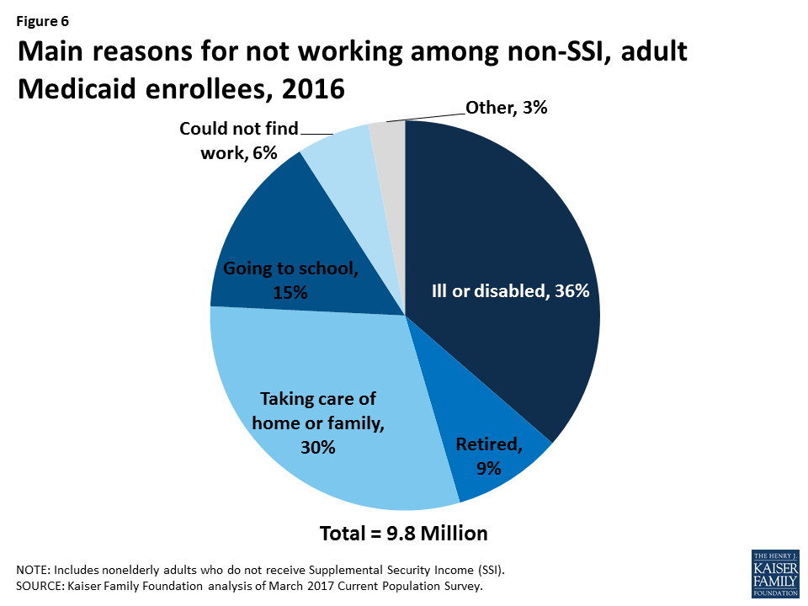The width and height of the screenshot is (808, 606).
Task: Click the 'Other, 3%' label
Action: pos(505,108)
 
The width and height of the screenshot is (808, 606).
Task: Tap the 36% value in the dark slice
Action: pos(576,291)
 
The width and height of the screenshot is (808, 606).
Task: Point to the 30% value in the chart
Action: pos(318,448)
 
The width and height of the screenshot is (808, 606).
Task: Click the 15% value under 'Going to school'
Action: pos(290,292)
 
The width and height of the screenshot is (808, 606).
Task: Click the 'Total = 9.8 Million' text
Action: pos(403,533)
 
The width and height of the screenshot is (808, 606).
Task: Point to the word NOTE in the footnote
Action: pos(33,570)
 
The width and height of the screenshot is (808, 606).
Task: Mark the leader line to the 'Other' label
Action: pos(425,115)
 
